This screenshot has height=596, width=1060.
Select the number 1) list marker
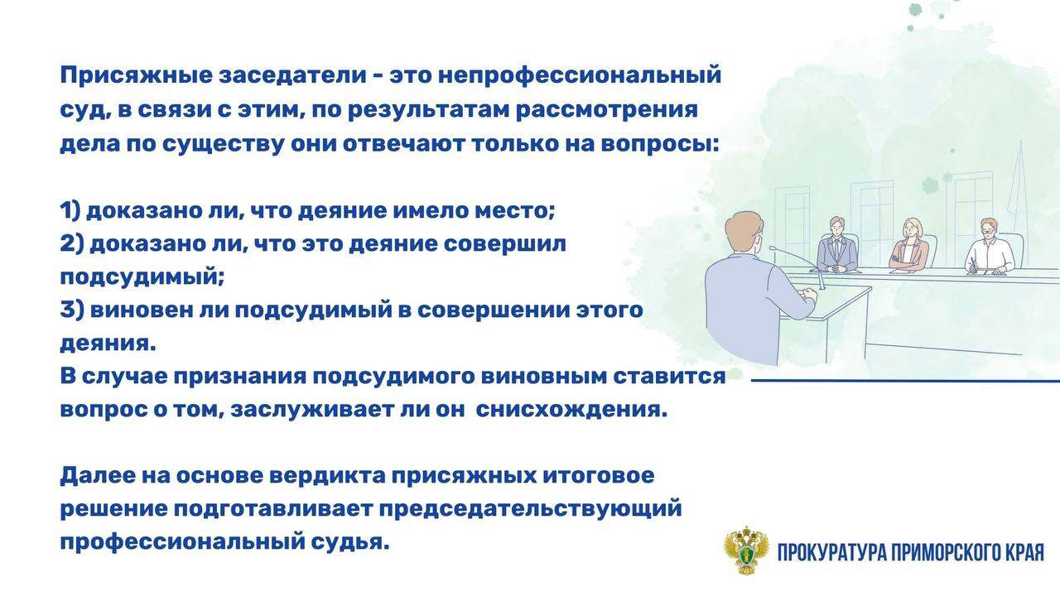[70, 210]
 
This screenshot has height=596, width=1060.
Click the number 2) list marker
[72, 244]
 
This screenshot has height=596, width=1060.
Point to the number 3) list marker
[72, 310]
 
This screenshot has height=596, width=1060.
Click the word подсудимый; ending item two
[142, 277]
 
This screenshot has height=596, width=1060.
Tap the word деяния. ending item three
[108, 344]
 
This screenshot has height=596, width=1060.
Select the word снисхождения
[571, 410]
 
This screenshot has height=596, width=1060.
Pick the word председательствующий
[531, 509]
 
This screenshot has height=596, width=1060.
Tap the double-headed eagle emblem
[746, 551]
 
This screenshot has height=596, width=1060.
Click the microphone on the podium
[797, 267]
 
